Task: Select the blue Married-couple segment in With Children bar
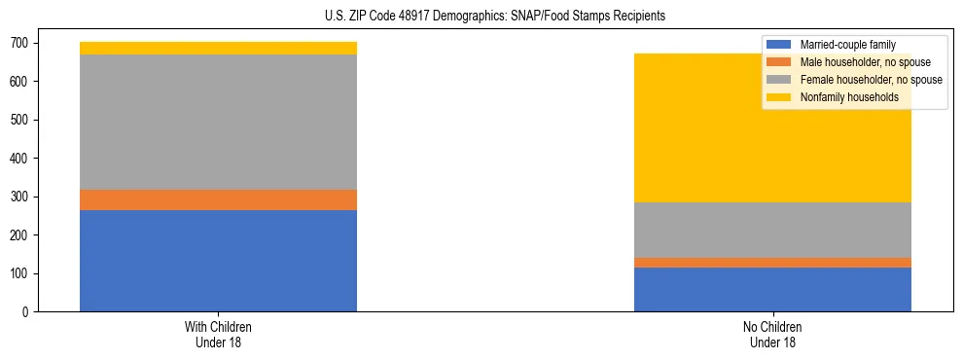tap(218, 261)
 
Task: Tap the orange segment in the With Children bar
tap(218, 199)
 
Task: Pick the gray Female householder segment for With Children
tap(218, 122)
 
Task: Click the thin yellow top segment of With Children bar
tap(218, 48)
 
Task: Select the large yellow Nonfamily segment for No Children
tap(772, 127)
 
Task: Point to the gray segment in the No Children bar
tap(772, 230)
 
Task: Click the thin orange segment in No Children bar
tap(772, 263)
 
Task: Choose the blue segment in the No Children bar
tap(772, 289)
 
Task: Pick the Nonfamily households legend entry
tap(842, 96)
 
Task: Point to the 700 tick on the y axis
tap(20, 43)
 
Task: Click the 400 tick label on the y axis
tap(20, 159)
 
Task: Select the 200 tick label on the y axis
tap(20, 235)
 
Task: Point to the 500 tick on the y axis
tap(20, 120)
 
